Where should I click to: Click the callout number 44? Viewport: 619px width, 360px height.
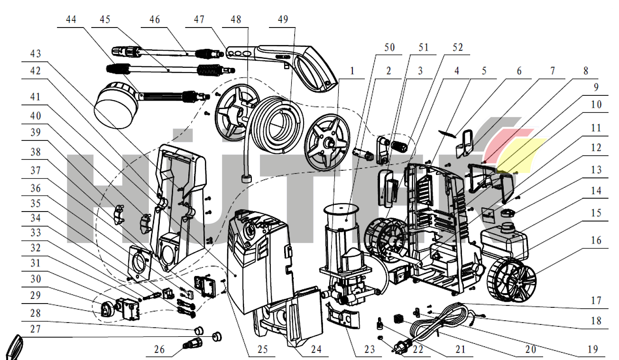coord(72,19)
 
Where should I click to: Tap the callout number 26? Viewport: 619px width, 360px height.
coord(160,350)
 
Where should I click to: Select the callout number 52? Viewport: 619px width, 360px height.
coord(457,48)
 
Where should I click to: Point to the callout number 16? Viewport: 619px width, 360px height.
coord(595,240)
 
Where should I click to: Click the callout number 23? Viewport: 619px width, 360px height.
coord(370,350)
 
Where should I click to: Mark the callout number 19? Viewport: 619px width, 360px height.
coord(592,350)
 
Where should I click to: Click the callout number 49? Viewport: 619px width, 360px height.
coord(283,19)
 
